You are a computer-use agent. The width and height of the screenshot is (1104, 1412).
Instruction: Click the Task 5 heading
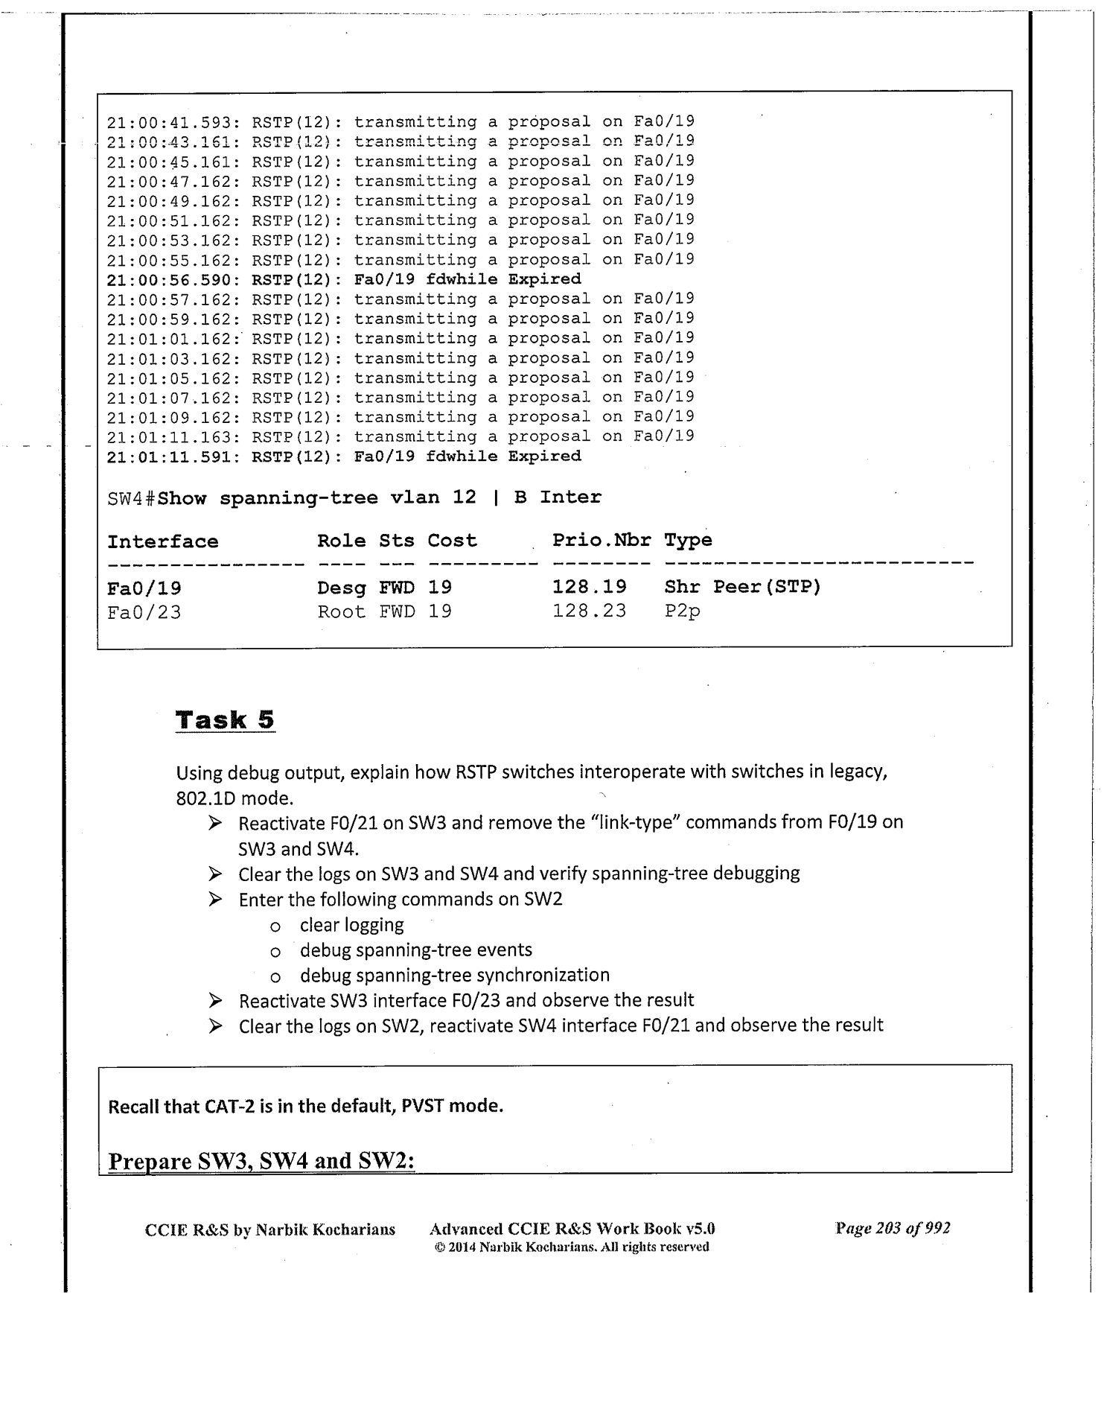pyautogui.click(x=225, y=720)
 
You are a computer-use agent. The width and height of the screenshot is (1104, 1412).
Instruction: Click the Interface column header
pyautogui.click(x=162, y=541)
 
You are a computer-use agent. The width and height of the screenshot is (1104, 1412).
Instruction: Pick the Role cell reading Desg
pyautogui.click(x=342, y=588)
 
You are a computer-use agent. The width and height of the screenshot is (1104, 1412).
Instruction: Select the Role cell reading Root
pyautogui.click(x=342, y=611)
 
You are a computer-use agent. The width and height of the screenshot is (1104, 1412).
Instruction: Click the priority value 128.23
pyautogui.click(x=589, y=611)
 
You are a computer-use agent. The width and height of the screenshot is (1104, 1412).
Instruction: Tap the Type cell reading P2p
pyautogui.click(x=682, y=611)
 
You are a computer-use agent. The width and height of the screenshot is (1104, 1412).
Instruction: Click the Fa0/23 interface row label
pyautogui.click(x=144, y=612)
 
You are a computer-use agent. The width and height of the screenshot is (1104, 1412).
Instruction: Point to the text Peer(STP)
pyautogui.click(x=767, y=587)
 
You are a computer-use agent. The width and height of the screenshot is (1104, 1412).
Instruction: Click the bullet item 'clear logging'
pyautogui.click(x=351, y=925)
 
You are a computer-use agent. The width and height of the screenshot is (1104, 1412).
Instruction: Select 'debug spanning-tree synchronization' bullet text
pyautogui.click(x=454, y=975)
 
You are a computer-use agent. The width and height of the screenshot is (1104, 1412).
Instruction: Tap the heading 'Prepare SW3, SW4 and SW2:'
pyautogui.click(x=261, y=1161)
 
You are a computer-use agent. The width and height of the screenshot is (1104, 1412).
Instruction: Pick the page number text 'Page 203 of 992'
pyautogui.click(x=893, y=1228)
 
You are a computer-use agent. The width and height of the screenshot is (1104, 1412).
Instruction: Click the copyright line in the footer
pyautogui.click(x=572, y=1247)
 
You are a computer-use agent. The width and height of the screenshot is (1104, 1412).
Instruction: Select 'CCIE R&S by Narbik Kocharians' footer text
pyautogui.click(x=269, y=1229)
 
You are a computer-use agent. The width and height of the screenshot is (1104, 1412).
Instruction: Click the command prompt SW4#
pyautogui.click(x=130, y=498)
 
